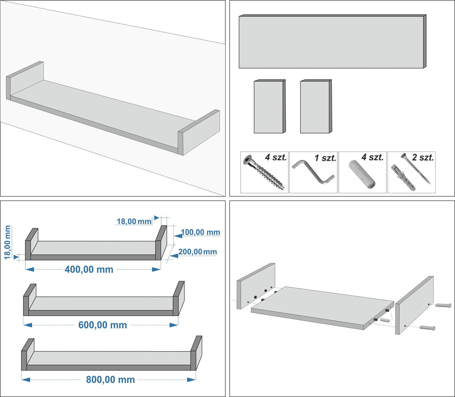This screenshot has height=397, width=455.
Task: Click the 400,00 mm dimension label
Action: coord(89,269)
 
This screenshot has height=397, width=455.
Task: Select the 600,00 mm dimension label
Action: coord(103,325)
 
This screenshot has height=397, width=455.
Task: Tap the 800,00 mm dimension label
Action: coord(111,379)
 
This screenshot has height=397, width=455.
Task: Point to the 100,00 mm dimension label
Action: coord(200,232)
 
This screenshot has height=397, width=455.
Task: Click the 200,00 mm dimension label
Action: coord(198,252)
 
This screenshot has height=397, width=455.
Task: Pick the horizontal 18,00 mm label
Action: coord(134,221)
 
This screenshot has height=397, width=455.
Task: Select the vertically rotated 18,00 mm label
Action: coord(7,242)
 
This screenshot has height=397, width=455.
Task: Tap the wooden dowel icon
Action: coord(362,174)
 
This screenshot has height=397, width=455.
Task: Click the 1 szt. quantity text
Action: coord(325,158)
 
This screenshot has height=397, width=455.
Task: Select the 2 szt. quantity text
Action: coord(423,157)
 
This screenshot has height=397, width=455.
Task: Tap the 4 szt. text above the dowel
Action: coord(373,157)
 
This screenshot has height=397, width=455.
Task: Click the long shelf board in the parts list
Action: coord(332,41)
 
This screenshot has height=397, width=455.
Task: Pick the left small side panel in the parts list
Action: coord(270,106)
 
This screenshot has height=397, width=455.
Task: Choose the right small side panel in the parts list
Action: coord(316,106)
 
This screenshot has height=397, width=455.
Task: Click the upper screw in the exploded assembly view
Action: coord(443,305)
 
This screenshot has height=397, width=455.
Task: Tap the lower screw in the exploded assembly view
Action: coord(427,328)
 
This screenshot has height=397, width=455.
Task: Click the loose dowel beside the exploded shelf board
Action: coord(385,320)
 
